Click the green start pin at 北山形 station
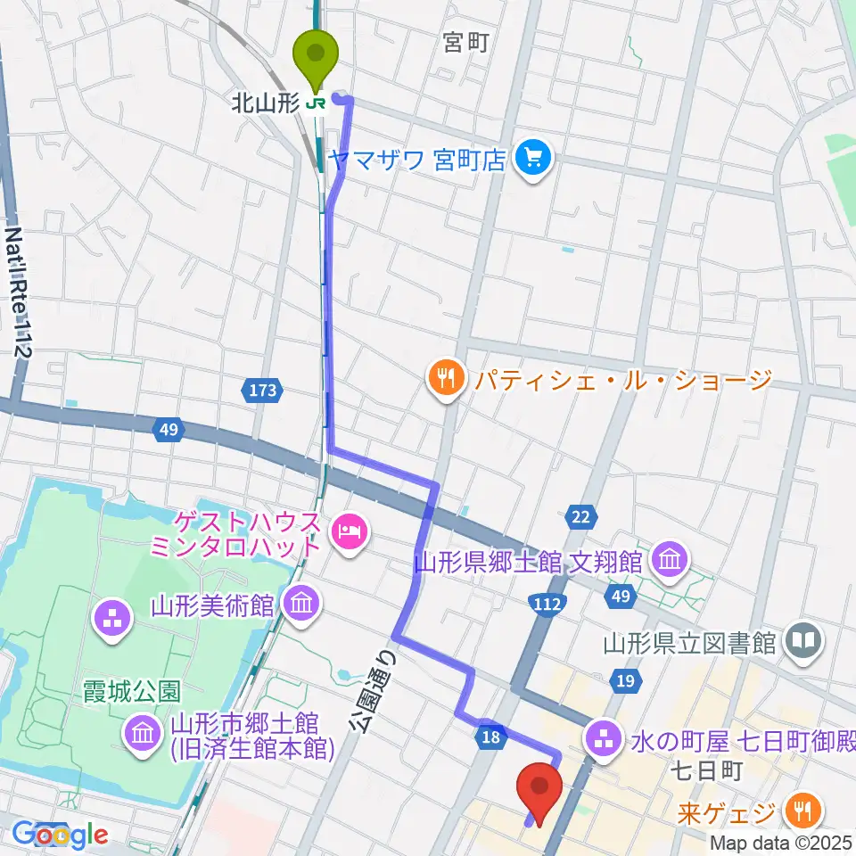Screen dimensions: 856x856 (x=317, y=55)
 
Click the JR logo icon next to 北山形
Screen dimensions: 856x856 (x=315, y=104)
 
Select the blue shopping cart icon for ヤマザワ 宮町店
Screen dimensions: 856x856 (x=533, y=160)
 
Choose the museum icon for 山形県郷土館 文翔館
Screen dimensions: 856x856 (x=669, y=561)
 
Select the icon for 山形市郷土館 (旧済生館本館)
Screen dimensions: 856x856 (x=143, y=735)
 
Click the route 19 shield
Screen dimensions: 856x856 (x=626, y=683)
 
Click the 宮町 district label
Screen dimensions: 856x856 (x=465, y=43)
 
